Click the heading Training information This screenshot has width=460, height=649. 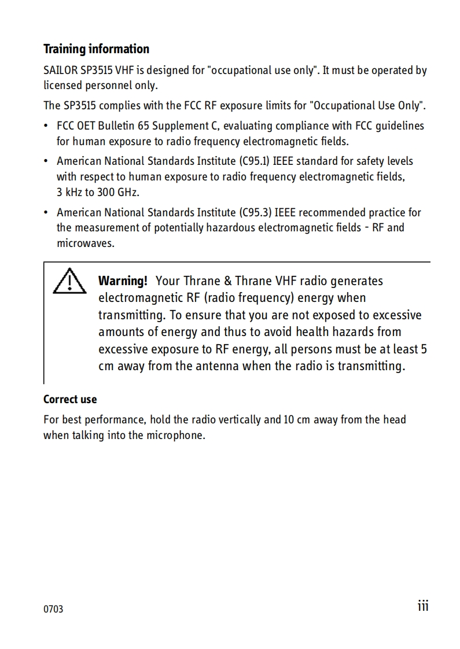96,49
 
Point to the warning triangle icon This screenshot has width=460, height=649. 68,281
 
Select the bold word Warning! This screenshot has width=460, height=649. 123,281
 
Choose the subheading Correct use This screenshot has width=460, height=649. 70,400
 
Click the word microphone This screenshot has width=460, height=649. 179,435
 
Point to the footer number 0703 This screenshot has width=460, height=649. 53,609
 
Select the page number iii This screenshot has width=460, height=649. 423,606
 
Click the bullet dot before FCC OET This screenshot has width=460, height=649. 46,126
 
